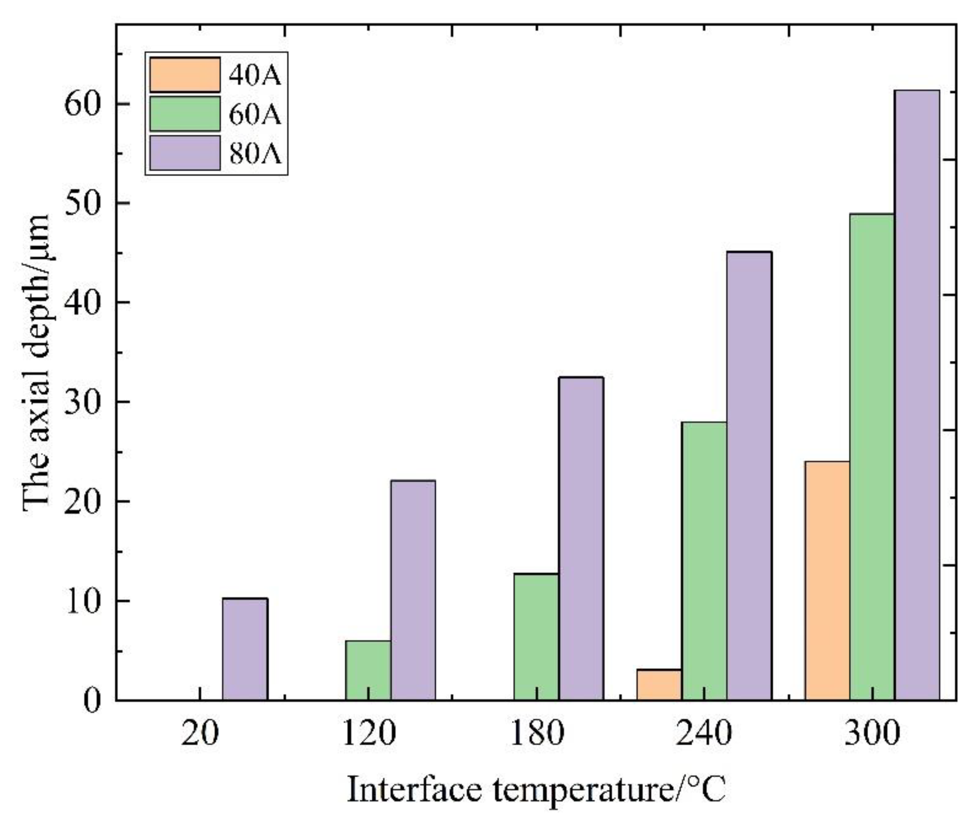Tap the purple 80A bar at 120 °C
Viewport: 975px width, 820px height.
click(413, 590)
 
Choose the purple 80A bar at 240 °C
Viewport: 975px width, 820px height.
click(749, 476)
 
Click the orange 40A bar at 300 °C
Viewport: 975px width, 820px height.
click(827, 581)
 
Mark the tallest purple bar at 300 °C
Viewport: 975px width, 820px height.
click(917, 395)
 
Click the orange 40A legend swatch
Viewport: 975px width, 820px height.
click(185, 75)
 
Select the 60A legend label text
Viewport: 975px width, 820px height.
click(255, 114)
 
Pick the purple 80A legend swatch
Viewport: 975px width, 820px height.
click(185, 153)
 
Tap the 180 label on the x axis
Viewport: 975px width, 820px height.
click(536, 735)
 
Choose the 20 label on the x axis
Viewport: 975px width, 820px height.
click(200, 735)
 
